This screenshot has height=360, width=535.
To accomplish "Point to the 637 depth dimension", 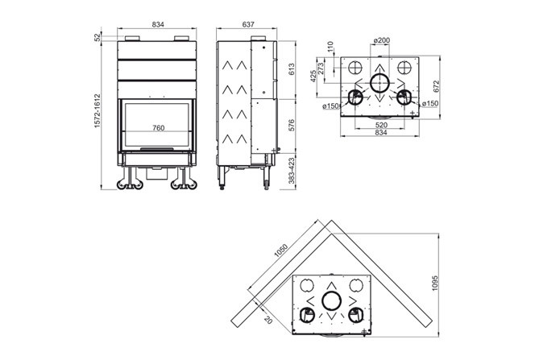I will pos(248,26).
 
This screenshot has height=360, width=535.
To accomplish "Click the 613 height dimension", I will pos(292,70).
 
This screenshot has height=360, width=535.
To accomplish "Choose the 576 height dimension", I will pos(292,126).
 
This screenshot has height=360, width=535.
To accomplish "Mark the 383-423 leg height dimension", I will pos(292,172).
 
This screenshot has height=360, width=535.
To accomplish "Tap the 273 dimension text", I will pos(321,69).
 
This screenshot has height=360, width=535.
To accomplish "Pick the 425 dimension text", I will pos(312,79).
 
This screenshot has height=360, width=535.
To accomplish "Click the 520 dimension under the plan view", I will pos(379,126).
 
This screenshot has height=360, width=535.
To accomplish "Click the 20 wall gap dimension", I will pos(268,319).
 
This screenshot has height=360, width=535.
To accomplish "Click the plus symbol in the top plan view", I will pos(413,114).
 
